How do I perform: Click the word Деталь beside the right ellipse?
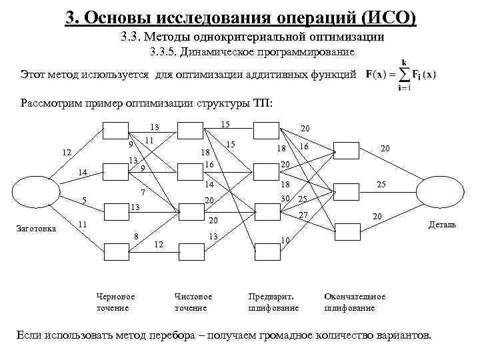pos(442,225)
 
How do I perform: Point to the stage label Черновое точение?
pos(115,302)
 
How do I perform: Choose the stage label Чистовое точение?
pos(193,302)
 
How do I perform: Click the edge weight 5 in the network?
pos(84,199)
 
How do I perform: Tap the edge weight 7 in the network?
pos(143,193)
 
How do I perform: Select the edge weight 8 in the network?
pos(136,235)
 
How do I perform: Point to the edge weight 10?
pos(285,241)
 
